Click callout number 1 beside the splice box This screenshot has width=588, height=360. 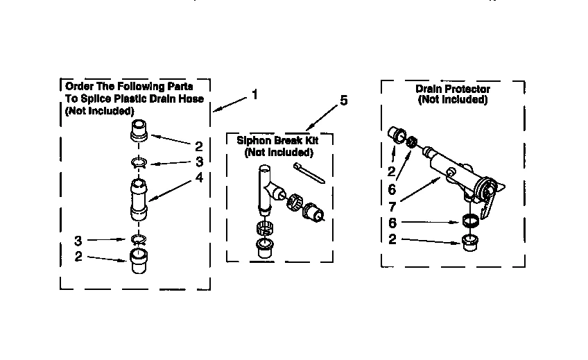click(254, 94)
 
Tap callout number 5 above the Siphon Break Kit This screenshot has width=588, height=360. click(343, 101)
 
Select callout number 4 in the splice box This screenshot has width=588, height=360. click(198, 177)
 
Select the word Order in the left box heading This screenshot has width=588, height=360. click(78, 87)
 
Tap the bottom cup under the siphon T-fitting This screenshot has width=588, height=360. click(264, 248)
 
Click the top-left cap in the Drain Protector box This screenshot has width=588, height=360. click(397, 134)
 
